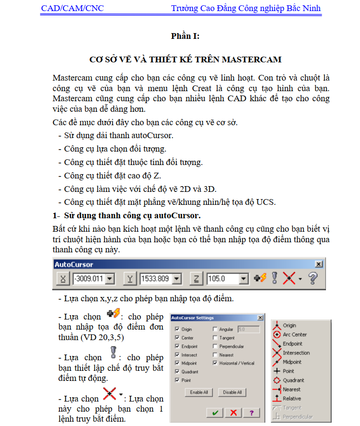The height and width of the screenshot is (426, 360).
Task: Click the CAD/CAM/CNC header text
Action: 72,8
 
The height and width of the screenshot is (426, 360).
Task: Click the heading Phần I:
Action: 185,36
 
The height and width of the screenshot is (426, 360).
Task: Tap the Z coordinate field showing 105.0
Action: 223,279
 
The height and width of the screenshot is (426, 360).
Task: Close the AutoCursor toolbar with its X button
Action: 318,264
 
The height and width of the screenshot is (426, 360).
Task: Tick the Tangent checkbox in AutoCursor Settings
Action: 215,338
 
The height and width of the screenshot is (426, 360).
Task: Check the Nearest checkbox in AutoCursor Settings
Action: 215,355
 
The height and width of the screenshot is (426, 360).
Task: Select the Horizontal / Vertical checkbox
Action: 215,363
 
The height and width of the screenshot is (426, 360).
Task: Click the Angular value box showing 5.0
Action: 248,330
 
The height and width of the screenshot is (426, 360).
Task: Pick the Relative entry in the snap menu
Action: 291,398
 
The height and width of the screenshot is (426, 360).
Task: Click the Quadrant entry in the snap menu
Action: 293,380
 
